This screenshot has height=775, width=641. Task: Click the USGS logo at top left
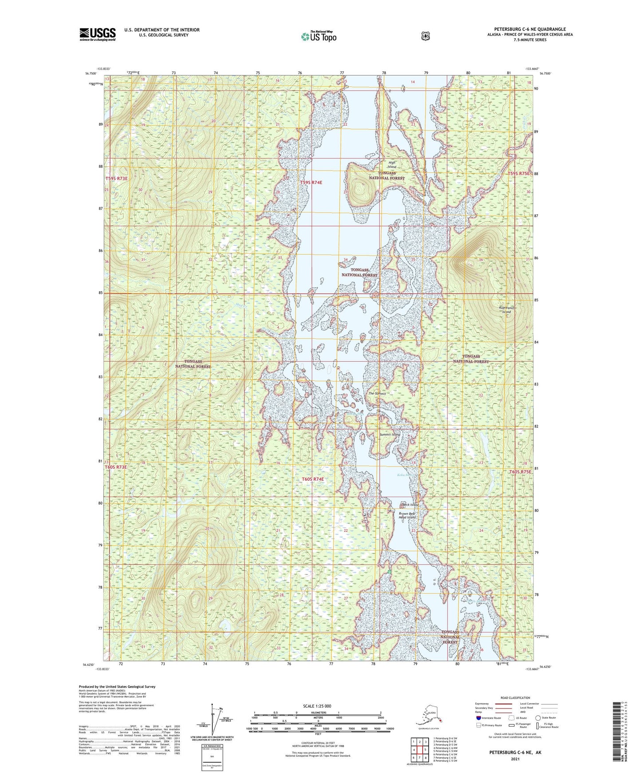pos(98,34)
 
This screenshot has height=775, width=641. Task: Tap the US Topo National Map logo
pos(318,36)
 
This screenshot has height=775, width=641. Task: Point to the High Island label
pos(392,165)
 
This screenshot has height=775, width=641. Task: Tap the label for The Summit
pos(377,393)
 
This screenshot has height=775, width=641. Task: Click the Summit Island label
pos(390,435)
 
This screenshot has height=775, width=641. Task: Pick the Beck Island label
pos(410,505)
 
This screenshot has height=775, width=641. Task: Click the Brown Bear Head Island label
pos(407,515)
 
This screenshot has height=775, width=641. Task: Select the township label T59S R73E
pos(116,178)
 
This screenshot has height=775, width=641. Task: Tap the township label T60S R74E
pos(313,479)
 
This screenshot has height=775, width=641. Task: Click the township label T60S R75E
pos(519,472)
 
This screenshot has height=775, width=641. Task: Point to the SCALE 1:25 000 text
pos(317,706)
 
